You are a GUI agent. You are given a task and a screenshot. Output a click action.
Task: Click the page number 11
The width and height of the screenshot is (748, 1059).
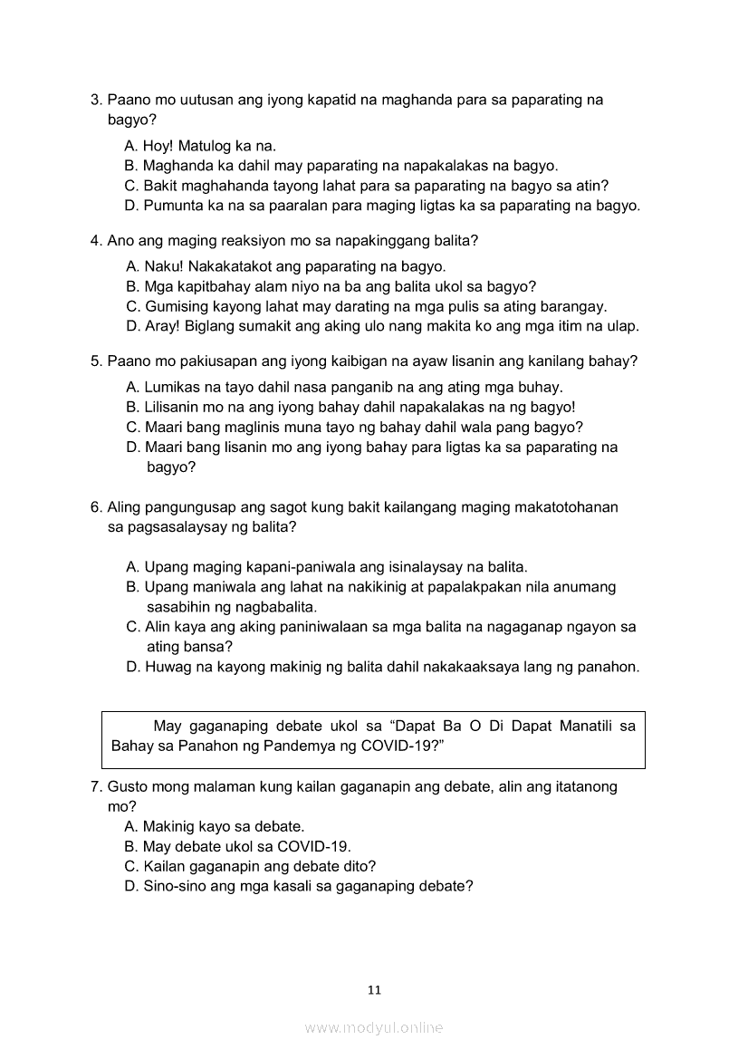374,989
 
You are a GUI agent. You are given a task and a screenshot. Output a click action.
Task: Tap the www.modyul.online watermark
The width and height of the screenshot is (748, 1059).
374,1027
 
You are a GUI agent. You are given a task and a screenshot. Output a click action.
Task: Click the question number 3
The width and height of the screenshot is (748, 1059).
95,100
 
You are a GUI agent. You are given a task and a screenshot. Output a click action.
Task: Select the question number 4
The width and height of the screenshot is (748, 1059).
95,241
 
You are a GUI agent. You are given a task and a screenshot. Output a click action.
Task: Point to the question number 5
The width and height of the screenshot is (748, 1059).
95,361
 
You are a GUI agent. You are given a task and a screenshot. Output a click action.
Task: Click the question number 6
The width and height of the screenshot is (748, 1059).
95,507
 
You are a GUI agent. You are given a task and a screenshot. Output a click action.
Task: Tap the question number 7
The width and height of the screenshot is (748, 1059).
95,786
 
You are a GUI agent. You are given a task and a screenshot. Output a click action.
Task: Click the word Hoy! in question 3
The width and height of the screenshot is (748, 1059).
158,146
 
